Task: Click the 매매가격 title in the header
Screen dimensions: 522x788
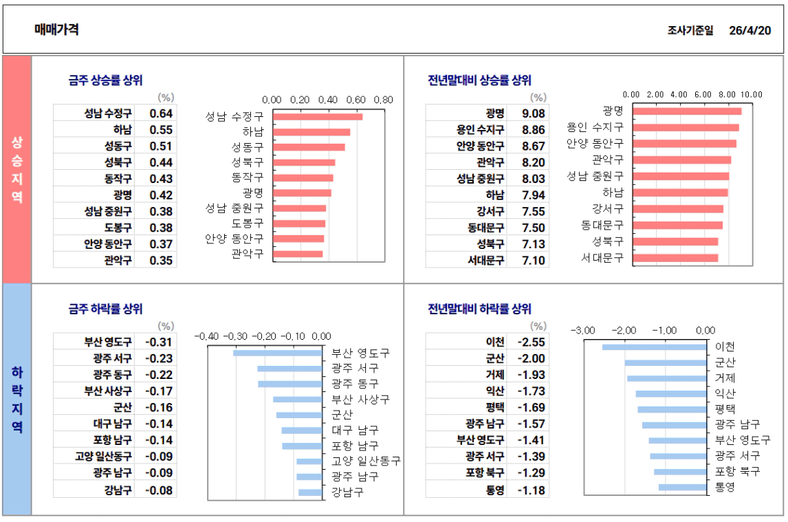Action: click(x=56, y=30)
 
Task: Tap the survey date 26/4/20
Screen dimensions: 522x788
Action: click(x=750, y=30)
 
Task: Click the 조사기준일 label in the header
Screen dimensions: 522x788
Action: click(x=690, y=30)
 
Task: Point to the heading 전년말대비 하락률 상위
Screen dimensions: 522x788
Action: click(x=479, y=309)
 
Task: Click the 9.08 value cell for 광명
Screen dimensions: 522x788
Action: click(x=534, y=113)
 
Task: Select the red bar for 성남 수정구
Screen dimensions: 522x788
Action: click(x=318, y=116)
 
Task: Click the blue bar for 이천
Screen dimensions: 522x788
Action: click(x=654, y=347)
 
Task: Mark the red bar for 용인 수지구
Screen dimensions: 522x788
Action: click(x=686, y=127)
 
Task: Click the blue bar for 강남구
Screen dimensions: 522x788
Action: click(x=310, y=492)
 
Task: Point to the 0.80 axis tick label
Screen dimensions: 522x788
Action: click(x=383, y=99)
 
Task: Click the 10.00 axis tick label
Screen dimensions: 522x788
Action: click(x=751, y=94)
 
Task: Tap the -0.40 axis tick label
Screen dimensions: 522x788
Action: click(x=207, y=336)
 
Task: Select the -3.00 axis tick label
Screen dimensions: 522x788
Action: click(x=582, y=330)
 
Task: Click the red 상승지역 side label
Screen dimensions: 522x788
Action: click(x=17, y=169)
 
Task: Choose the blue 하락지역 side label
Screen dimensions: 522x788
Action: click(x=17, y=399)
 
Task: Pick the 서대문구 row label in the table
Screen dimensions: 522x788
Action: click(x=485, y=260)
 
